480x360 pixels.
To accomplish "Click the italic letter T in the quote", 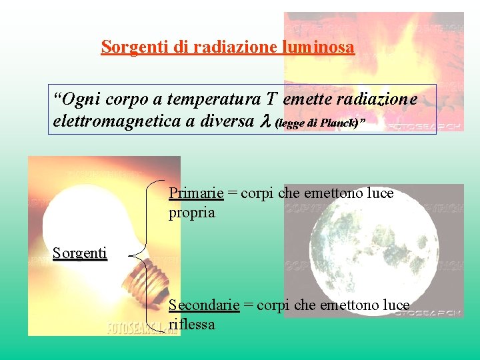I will point(271,100).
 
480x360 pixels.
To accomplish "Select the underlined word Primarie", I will point(196,193).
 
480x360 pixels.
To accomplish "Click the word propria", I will point(192,213).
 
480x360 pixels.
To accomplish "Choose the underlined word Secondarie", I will point(204,305).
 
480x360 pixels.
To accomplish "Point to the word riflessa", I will point(192,325).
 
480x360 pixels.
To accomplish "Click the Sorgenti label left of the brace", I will point(80,253).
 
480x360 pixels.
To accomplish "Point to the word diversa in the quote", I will point(224,122).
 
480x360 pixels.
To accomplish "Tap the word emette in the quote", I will point(305,100).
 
